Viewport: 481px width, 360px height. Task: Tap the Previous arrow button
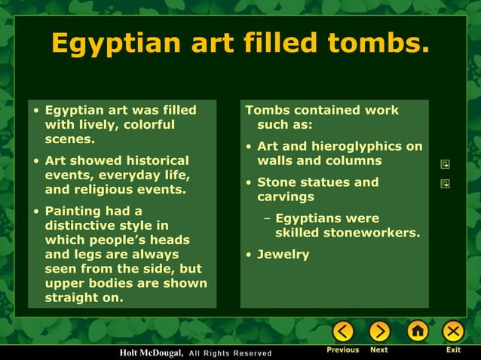pos(343,331)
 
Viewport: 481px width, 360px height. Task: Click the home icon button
pos(417,331)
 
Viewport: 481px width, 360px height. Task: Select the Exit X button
pos(453,331)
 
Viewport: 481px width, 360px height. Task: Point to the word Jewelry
pos(283,255)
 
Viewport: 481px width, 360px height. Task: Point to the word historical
pos(150,160)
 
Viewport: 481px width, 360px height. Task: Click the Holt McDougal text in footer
pos(152,352)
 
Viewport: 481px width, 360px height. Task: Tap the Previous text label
pos(342,350)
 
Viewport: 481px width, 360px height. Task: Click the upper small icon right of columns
pos(445,163)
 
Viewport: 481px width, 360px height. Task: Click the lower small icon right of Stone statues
pos(445,183)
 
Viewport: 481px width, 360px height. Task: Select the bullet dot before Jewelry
pos(249,255)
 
